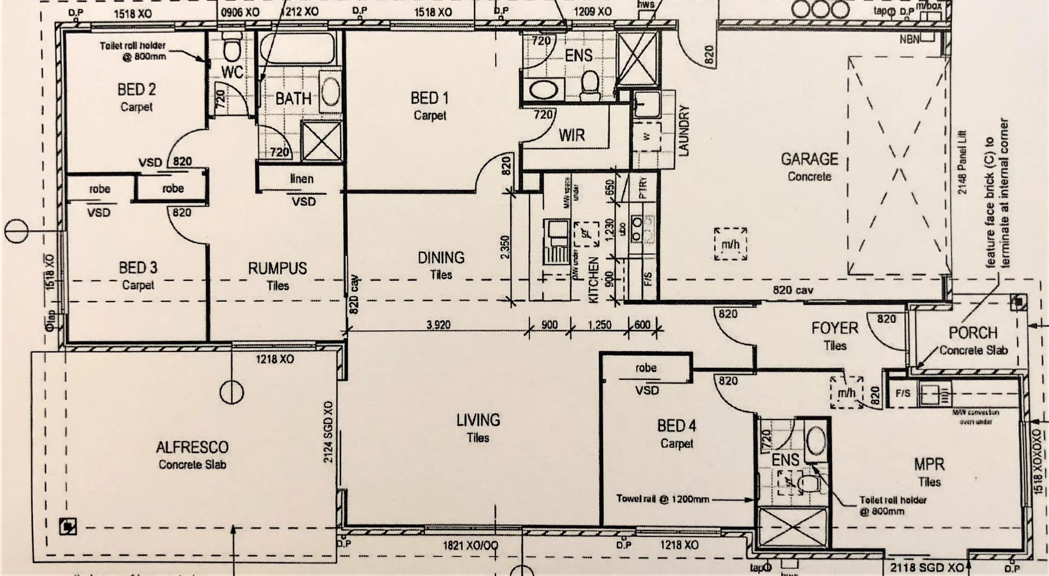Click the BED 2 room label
137,90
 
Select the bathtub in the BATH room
297,50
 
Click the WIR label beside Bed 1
571,135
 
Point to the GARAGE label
809,160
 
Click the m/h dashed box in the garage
730,244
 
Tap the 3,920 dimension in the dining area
438,325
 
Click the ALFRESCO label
192,448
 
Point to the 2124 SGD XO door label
328,432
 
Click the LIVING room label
478,420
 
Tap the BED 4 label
676,426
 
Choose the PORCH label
973,333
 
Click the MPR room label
929,465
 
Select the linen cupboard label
301,179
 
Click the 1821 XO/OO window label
470,545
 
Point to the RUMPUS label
278,268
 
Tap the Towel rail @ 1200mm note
662,499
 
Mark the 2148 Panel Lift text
962,162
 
